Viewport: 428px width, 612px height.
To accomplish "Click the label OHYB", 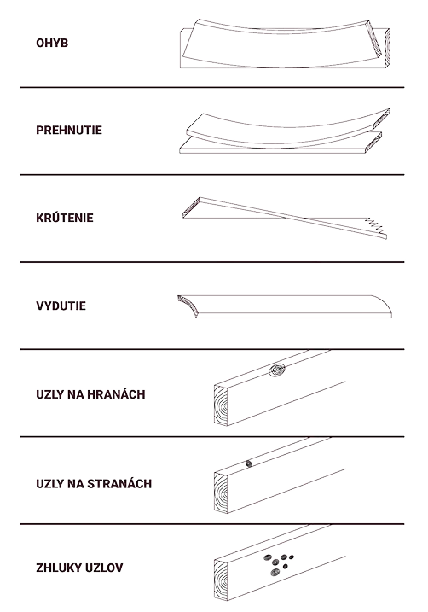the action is [52, 43].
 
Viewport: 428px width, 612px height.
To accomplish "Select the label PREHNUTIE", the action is [69, 130].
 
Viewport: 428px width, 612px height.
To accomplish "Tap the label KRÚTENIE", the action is [65, 218].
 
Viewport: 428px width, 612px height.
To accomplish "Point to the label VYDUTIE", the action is [61, 306].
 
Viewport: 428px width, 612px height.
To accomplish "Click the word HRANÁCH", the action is [116, 394].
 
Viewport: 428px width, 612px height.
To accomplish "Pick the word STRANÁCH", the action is [119, 484].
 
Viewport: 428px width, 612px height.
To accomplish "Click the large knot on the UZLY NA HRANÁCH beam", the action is [277, 370].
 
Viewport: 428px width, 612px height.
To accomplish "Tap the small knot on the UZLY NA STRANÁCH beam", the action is [248, 463].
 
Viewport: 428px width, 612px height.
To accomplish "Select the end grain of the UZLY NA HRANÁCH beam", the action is [221, 405].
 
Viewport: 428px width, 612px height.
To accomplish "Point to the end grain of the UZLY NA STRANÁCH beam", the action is [221, 493].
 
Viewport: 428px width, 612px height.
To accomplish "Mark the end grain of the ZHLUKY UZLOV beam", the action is [221, 580].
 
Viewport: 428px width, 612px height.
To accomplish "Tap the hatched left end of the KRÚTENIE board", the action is [191, 207].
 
